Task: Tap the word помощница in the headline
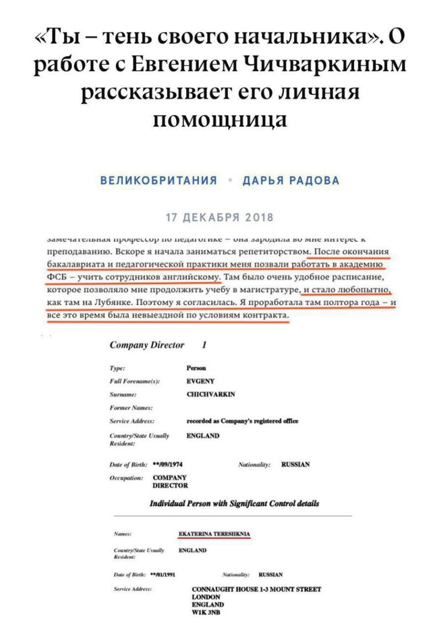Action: [x=219, y=120]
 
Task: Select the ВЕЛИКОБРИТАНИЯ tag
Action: [x=159, y=181]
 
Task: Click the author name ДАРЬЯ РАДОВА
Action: [x=290, y=181]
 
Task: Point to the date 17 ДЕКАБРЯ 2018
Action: [x=219, y=219]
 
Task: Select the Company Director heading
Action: [x=147, y=345]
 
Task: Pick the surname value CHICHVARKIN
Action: [x=211, y=394]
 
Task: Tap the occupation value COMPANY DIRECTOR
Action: [x=170, y=481]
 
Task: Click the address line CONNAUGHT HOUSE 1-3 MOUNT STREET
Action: [x=256, y=589]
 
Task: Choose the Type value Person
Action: [x=197, y=367]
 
